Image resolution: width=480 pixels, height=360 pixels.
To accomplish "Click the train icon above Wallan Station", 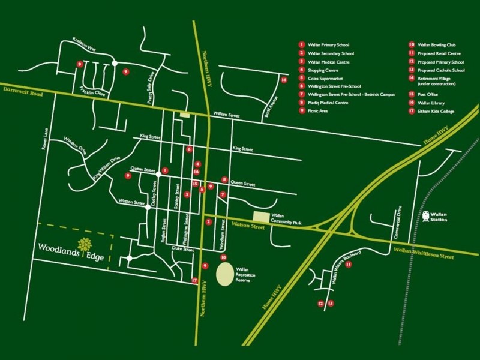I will click(426, 214).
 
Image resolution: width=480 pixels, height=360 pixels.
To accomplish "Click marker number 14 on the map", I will click(284, 80).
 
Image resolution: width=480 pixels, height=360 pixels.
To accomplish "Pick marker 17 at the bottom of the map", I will click(194, 281).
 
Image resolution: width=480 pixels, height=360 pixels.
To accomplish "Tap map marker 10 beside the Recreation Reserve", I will click(223, 257).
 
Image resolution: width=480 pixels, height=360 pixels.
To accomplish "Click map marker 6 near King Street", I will click(189, 149).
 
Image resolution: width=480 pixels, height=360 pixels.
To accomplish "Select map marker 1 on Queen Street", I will click(165, 170).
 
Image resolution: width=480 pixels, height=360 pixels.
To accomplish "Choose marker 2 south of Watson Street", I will click(208, 223).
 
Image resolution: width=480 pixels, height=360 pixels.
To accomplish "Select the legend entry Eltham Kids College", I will click(434, 111).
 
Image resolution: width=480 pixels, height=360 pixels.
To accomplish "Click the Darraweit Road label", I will click(20, 88).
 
